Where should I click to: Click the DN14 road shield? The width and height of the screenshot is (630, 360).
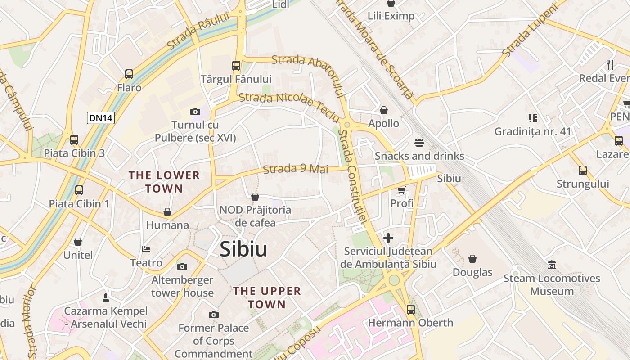coord(101,118)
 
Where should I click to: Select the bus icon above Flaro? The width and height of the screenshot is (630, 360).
coord(129,74)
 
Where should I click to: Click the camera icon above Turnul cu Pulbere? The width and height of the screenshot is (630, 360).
coord(195,112)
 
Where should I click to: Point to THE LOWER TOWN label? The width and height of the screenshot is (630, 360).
coord(164,182)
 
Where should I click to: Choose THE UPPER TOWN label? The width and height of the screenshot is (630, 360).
coord(267,297)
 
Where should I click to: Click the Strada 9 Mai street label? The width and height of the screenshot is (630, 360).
coord(296,169)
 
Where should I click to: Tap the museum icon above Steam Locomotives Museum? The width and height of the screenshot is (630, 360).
coord(552,265)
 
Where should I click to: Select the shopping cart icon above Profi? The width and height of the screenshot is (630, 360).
coord(401,190)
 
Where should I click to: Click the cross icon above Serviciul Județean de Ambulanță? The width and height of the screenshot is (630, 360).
coord(388,238)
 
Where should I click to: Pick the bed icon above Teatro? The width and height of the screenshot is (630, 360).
coord(146,249)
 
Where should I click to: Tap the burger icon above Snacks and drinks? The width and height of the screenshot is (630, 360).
coord(419,143)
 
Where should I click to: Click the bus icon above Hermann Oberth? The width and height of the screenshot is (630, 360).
coord(410,309)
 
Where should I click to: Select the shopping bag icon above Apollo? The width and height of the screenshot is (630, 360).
coord(384,110)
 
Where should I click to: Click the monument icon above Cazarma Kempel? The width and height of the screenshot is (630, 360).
coord(106,297)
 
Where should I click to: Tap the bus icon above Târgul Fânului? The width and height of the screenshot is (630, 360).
coord(236,66)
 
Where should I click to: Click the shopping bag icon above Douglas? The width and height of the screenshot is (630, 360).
coord(472,259)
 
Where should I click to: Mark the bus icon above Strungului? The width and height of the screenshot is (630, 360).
coord(583,171)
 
